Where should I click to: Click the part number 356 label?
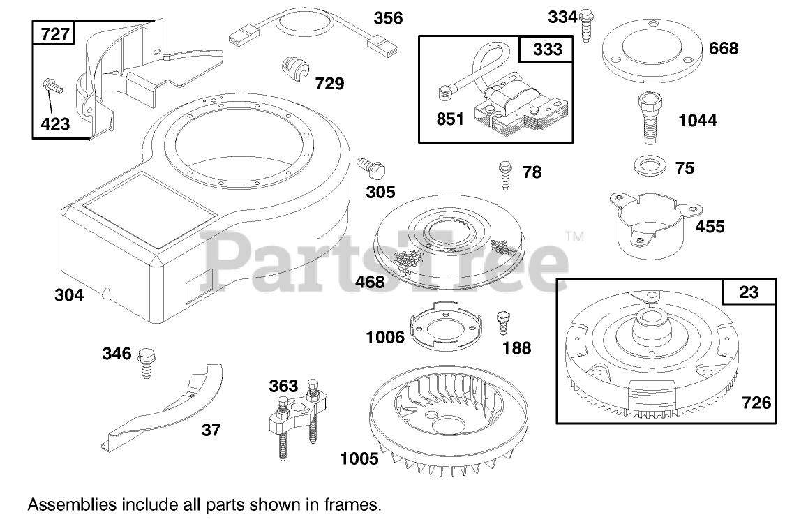[388, 17]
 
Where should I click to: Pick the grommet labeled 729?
[295, 70]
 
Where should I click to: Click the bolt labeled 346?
[146, 362]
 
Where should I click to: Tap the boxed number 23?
[748, 292]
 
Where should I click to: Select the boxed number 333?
[548, 50]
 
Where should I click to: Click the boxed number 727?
[55, 33]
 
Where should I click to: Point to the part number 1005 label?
[359, 458]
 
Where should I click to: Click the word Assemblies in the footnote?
[71, 503]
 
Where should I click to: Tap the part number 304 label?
[69, 295]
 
